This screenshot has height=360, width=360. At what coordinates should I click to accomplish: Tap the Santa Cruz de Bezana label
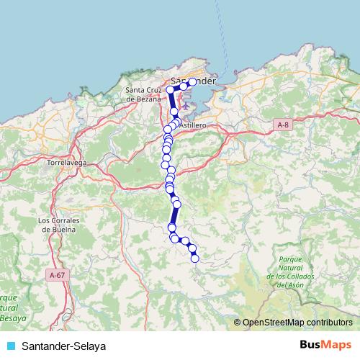146,94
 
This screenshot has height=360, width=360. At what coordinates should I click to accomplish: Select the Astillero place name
192,125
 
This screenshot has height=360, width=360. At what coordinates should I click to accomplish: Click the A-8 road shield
283,125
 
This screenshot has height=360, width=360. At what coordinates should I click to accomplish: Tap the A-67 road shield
57,274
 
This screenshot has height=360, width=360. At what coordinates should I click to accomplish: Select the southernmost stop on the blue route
194,258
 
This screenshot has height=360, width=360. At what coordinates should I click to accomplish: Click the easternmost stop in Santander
192,82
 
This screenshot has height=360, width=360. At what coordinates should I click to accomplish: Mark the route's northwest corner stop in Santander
171,89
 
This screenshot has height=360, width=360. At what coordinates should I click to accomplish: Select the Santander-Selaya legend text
63,346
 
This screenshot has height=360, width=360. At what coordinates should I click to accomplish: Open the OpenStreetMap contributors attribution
297,323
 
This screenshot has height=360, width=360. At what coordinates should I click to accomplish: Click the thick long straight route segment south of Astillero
174,215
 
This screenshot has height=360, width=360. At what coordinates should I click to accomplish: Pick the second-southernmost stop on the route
192,248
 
